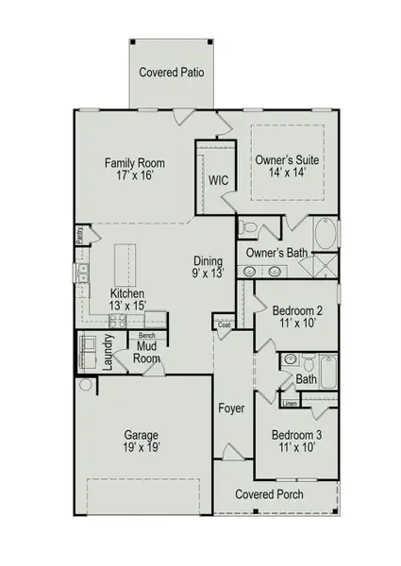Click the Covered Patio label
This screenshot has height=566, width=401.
(171, 72)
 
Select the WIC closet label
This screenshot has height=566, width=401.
(218, 179)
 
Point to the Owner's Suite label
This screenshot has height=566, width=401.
(287, 161)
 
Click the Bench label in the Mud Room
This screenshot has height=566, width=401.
(146, 335)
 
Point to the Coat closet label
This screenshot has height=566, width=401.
(224, 325)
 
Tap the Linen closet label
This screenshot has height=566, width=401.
(290, 404)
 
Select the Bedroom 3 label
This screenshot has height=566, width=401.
(297, 435)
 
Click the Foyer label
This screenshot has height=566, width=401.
(231, 408)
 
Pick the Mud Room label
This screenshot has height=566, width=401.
(146, 353)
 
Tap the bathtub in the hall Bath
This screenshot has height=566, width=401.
(328, 371)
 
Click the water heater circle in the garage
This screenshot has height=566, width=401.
(86, 385)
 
